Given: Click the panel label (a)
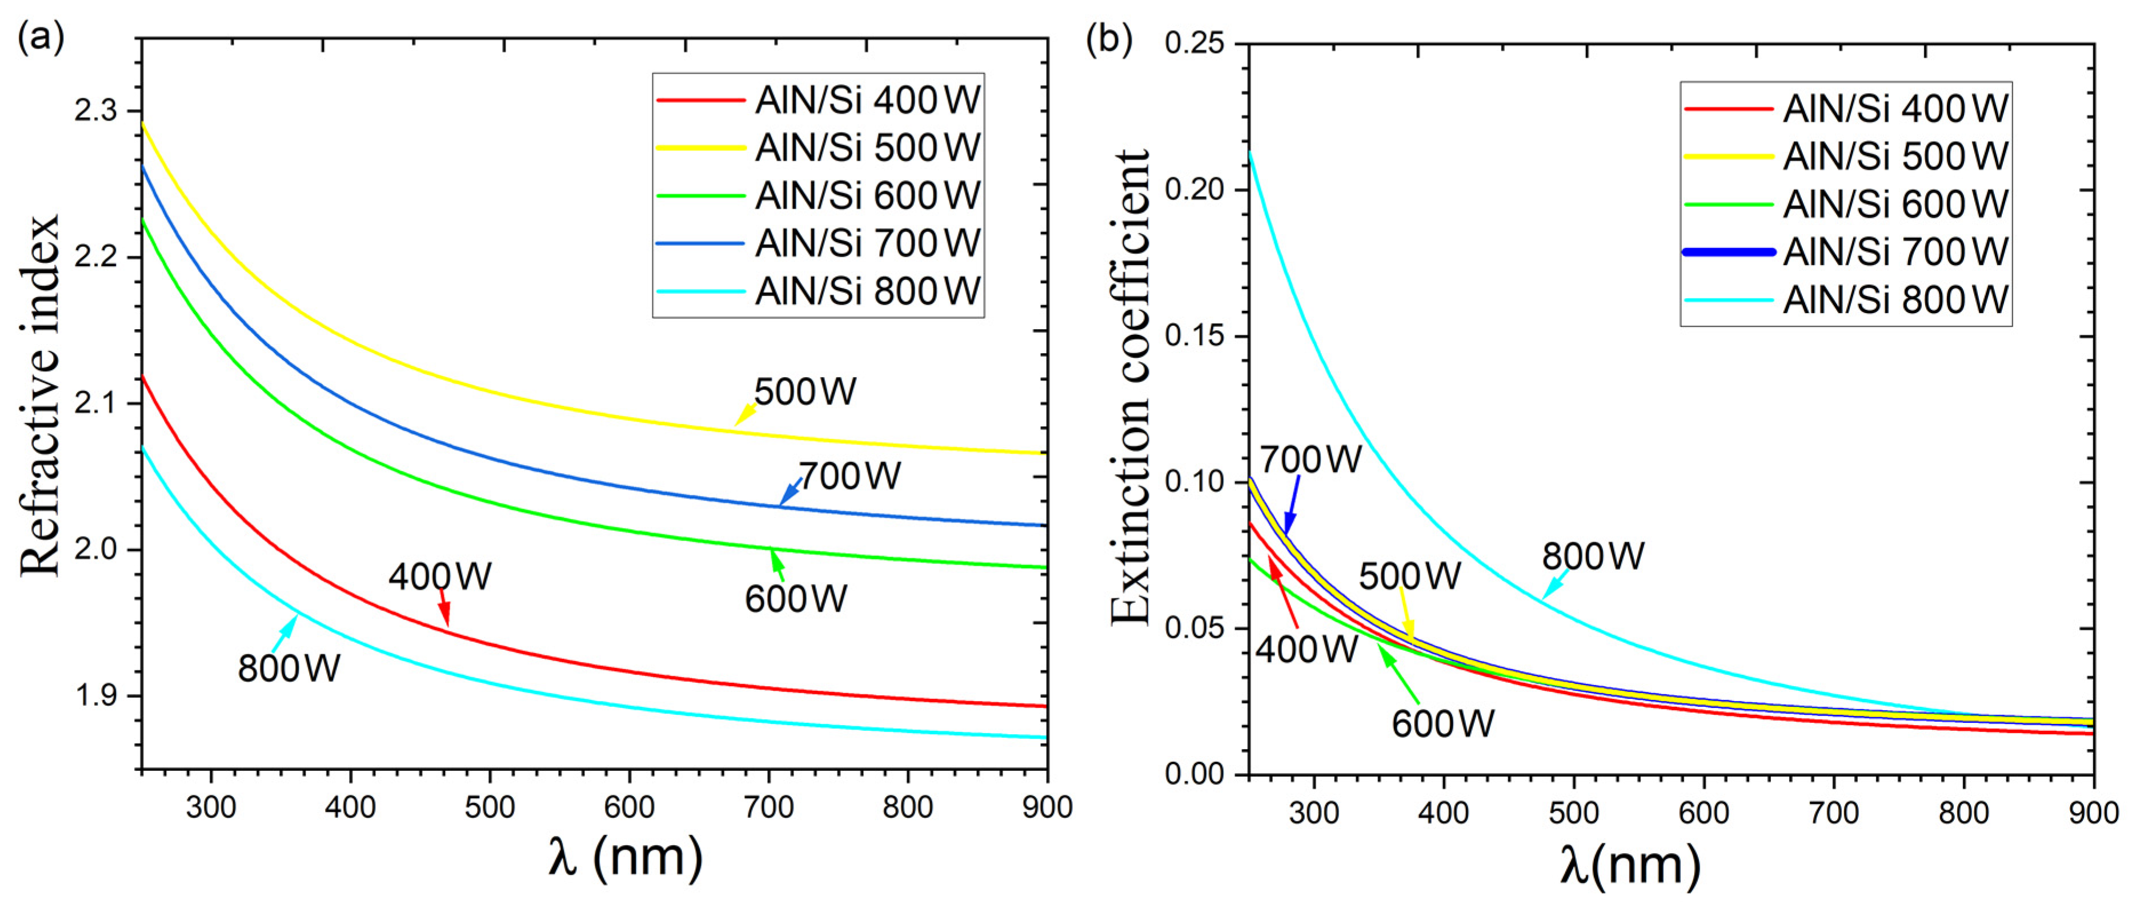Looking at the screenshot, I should [x=40, y=37].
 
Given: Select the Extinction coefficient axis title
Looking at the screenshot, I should [x=1130, y=387].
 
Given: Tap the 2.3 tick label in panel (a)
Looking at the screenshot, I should [x=95, y=111].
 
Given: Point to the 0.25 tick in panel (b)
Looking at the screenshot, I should [x=1194, y=43].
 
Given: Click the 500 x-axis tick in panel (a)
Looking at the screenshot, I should [x=489, y=806].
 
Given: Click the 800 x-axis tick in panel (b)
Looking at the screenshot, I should [x=1963, y=813].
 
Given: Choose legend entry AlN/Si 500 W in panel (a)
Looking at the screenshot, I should [x=867, y=147].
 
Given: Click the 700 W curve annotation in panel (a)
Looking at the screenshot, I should [x=848, y=476].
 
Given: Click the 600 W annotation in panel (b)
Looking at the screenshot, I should [x=1443, y=724].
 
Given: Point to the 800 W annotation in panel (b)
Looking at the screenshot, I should [x=1593, y=555].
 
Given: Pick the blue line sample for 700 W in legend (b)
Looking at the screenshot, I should [x=1728, y=252].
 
